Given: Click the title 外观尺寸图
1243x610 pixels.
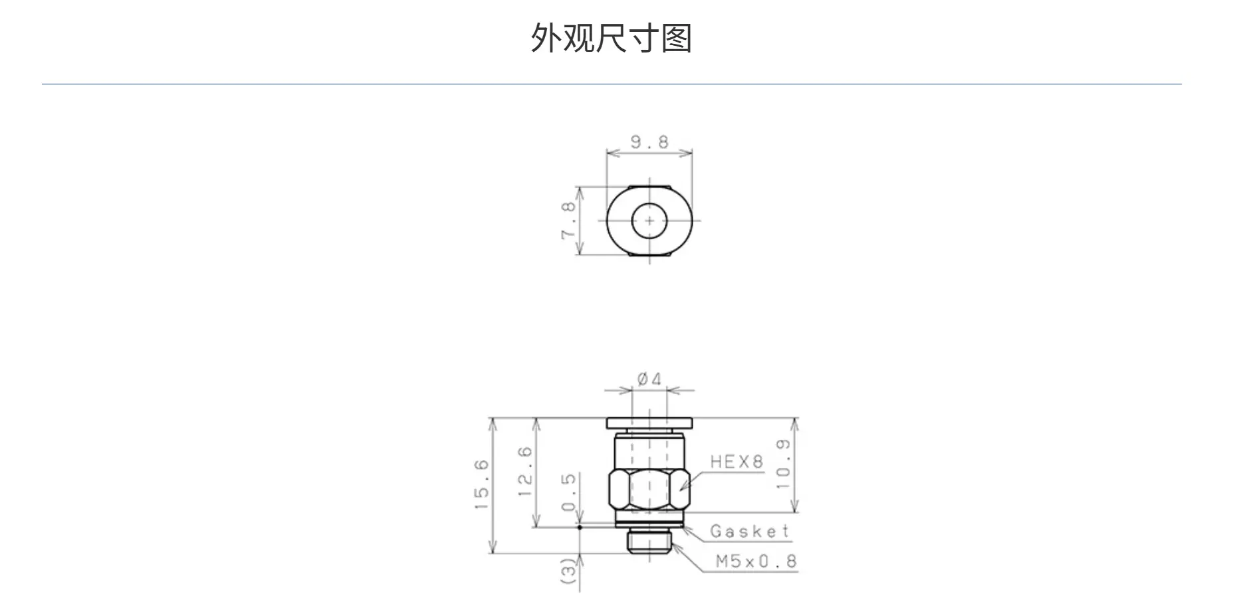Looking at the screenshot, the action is pos(612,37).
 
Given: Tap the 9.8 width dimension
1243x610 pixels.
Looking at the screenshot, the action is pos(649,142).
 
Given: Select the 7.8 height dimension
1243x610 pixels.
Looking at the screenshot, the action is pos(569,220).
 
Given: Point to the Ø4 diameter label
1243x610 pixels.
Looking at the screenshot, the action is pos(649,379).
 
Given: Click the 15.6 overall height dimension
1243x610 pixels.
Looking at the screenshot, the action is pos(482,485).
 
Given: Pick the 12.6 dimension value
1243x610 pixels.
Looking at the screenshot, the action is pos(525,472).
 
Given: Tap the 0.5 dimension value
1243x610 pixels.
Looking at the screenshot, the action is pos(570,492).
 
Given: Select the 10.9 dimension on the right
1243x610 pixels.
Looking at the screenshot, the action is pos(784,464).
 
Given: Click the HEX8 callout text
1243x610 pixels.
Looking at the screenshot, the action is pos(736,462).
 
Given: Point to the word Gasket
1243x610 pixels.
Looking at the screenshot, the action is pos(750,531).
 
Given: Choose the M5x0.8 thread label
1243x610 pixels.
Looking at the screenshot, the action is pos(756,561).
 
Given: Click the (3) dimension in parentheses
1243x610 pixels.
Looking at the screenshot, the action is pos(570,571).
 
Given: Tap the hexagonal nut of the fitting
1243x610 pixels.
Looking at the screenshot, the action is pos(649,490).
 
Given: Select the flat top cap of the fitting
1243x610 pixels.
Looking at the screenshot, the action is pos(649,423).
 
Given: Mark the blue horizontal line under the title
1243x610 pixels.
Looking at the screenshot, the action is pos(612,84).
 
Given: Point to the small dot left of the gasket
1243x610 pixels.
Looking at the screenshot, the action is pos(580,528).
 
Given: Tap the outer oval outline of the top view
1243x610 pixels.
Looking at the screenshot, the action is pos(607,220).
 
